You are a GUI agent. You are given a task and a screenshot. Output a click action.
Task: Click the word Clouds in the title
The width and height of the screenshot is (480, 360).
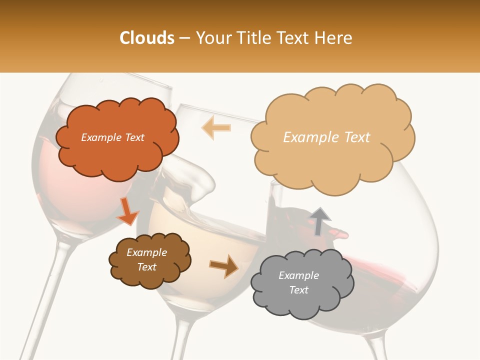(147, 38)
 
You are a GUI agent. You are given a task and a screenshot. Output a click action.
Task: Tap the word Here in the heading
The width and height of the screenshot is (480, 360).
(334, 38)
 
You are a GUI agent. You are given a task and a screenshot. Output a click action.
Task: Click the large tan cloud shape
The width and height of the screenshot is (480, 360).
(332, 137)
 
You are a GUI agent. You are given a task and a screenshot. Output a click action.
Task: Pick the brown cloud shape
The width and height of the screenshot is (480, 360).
(149, 260)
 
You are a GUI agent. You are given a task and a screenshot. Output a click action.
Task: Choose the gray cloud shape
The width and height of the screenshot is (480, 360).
(301, 283)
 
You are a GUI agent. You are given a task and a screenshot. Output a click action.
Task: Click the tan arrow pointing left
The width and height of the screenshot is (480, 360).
(216, 127)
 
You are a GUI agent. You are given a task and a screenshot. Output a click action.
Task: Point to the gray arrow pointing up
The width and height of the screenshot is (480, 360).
(320, 220)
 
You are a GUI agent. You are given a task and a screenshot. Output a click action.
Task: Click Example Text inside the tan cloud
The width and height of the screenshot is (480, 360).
(326, 137)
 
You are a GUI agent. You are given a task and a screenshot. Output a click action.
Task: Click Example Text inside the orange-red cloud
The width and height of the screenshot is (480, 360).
(112, 137)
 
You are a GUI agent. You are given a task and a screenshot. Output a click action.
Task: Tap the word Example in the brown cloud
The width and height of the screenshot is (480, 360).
(146, 252)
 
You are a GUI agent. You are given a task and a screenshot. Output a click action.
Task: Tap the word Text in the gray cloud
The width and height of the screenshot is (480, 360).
(299, 290)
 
